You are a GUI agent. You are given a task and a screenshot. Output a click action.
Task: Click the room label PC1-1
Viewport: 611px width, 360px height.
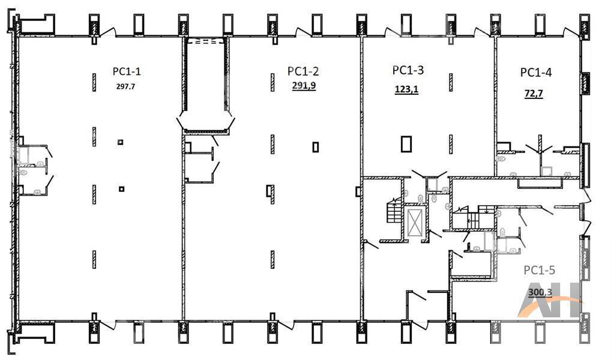tap(127, 71)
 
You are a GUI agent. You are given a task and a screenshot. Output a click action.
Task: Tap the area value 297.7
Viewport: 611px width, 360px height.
tap(125, 86)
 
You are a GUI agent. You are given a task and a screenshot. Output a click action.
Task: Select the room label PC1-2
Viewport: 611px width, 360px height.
tap(303, 71)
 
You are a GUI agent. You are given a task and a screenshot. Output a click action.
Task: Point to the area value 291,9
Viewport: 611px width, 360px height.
tap(304, 85)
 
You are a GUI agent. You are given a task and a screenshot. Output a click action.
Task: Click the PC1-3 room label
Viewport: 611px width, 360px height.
tap(408, 70)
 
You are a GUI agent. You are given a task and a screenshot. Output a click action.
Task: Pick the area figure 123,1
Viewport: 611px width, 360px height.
tap(406, 89)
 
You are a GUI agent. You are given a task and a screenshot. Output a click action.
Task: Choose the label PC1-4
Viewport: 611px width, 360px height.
tap(536, 73)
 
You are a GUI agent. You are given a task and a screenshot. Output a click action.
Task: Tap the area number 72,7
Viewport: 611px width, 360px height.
tap(534, 94)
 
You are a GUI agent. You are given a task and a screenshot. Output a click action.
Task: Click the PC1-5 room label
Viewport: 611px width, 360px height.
tap(540, 270)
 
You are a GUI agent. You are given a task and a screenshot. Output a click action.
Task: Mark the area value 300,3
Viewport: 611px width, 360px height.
tap(540, 292)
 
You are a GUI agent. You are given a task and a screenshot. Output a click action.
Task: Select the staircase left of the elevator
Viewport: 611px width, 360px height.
tap(394, 211)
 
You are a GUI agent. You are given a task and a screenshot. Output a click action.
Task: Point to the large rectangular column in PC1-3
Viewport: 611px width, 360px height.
tap(406, 143)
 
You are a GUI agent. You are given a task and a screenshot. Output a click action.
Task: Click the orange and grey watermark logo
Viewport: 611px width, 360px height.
tap(549, 300)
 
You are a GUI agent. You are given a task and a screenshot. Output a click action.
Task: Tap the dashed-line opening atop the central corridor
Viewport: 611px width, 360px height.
tap(205, 41)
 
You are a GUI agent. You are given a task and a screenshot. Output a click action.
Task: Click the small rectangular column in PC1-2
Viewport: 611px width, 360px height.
tap(316, 147)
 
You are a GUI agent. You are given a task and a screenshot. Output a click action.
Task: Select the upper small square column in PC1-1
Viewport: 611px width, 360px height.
tap(121, 142)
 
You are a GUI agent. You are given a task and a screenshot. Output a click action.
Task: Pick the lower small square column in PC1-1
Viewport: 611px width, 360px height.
tap(122, 189)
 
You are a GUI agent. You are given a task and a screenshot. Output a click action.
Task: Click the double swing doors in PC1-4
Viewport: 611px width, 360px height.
tap(540, 149)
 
